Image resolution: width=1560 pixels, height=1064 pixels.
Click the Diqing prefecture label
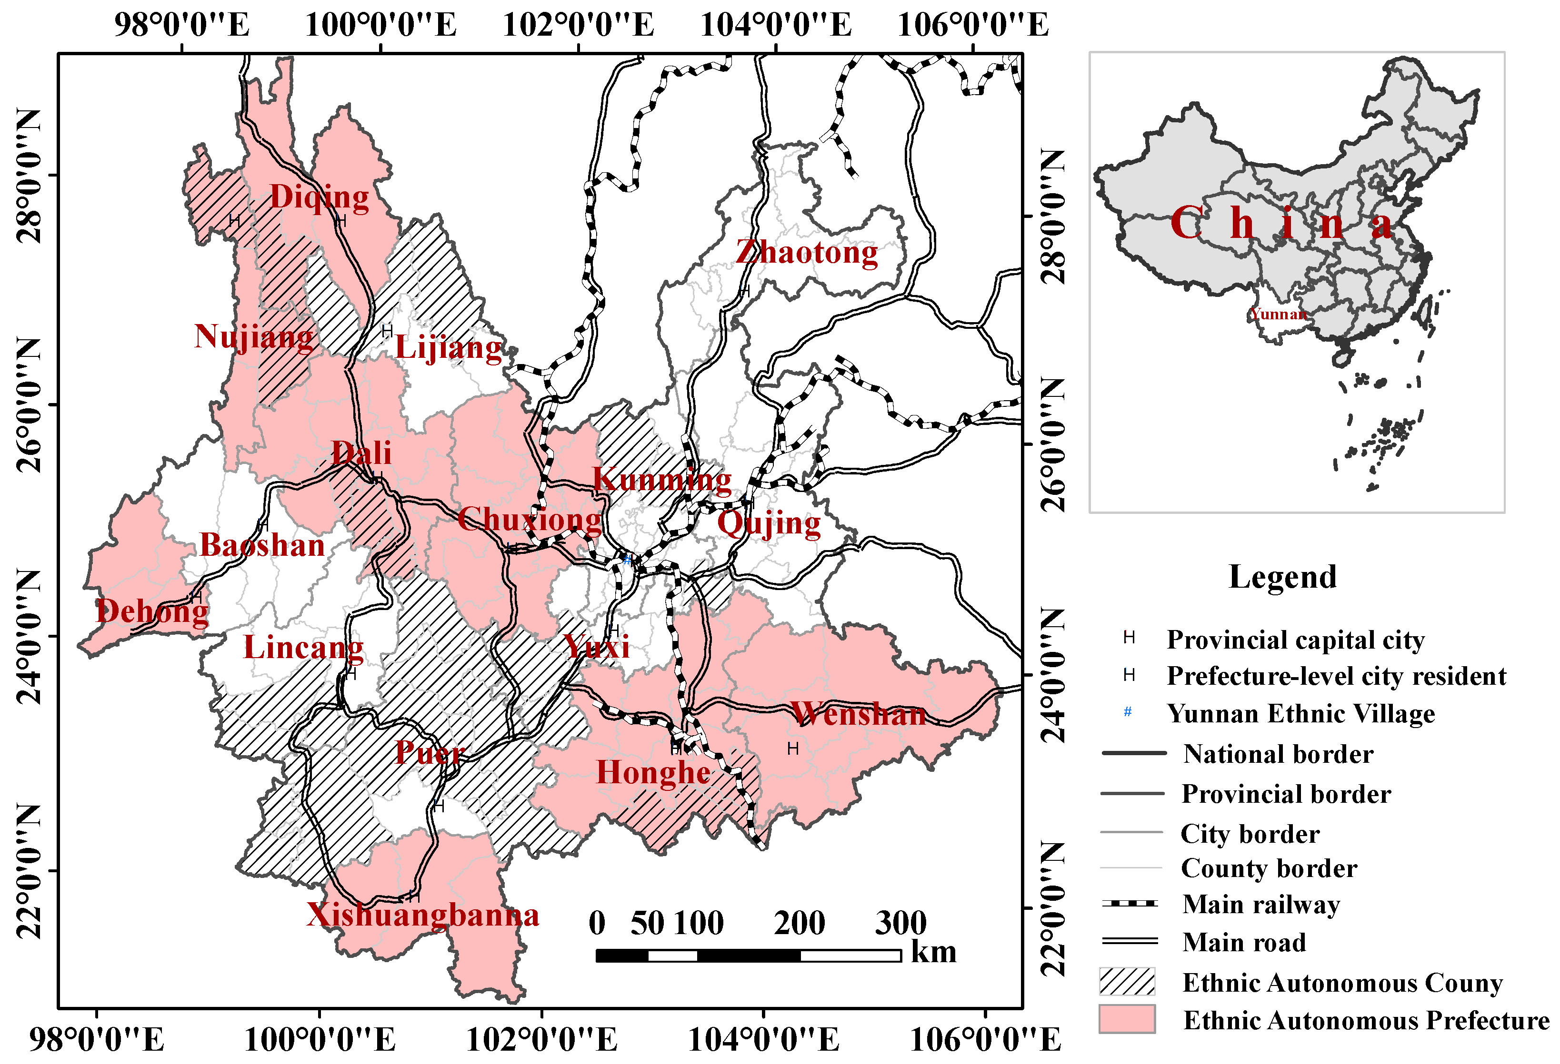coord(320,197)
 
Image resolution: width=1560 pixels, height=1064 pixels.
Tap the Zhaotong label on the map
coord(807,253)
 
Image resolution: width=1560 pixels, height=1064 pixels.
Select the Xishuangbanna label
coord(423,915)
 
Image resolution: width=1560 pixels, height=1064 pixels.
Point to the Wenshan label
coord(859,714)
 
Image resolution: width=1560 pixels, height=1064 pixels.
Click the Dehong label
coord(152,611)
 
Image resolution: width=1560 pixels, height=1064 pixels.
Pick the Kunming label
coord(662,480)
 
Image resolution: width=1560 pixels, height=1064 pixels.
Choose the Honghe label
coord(653,773)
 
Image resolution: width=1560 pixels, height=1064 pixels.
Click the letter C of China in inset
coord(1186,223)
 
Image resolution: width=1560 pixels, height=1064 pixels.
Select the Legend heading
coord(1282,577)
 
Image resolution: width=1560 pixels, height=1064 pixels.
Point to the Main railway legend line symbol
coord(1130,904)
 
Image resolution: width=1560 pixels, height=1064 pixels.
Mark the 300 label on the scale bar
coord(900,923)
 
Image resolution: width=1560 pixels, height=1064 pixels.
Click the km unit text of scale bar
coord(933,953)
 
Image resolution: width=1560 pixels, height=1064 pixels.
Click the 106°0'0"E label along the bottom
coord(985,1040)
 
